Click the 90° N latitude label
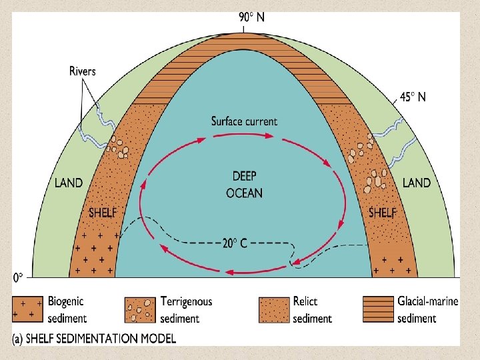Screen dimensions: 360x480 [x=251, y=18]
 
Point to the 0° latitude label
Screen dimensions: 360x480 [x=20, y=275]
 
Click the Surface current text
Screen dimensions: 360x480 [x=244, y=121]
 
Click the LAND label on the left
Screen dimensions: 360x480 [x=69, y=183]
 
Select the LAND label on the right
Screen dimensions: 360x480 [x=417, y=183]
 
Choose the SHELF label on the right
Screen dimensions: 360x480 [x=383, y=213]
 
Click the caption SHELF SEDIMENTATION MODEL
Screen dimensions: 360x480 [x=95, y=339]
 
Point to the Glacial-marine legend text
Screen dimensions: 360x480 [x=427, y=309]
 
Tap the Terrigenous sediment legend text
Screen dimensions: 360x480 [x=186, y=309]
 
